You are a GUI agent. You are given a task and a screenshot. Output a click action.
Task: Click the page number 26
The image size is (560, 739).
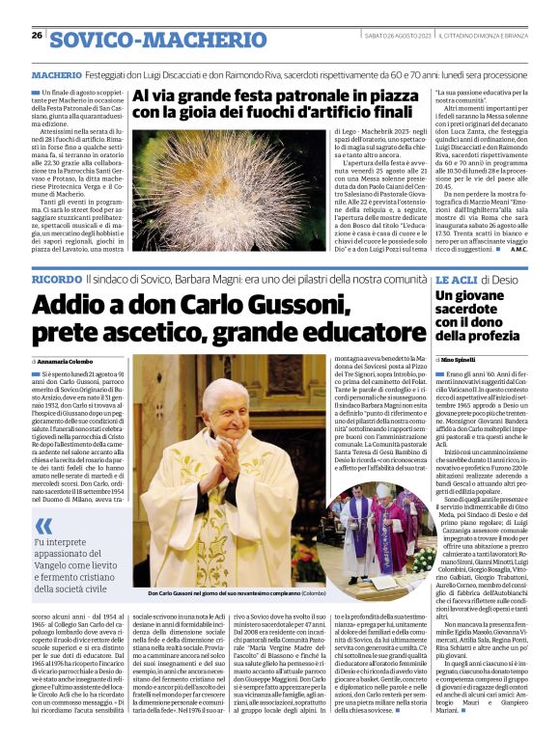[x=36, y=35]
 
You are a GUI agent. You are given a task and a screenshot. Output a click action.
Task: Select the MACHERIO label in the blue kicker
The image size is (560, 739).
[x=56, y=73]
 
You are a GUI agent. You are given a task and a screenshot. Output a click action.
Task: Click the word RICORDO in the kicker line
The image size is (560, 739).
[x=56, y=278]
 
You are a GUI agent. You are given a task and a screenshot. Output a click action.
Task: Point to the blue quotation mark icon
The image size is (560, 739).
[x=44, y=527]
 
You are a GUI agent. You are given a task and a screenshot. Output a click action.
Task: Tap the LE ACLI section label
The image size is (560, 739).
[x=456, y=278]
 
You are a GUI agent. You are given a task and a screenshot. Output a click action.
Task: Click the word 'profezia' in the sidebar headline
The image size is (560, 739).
[x=497, y=336]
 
